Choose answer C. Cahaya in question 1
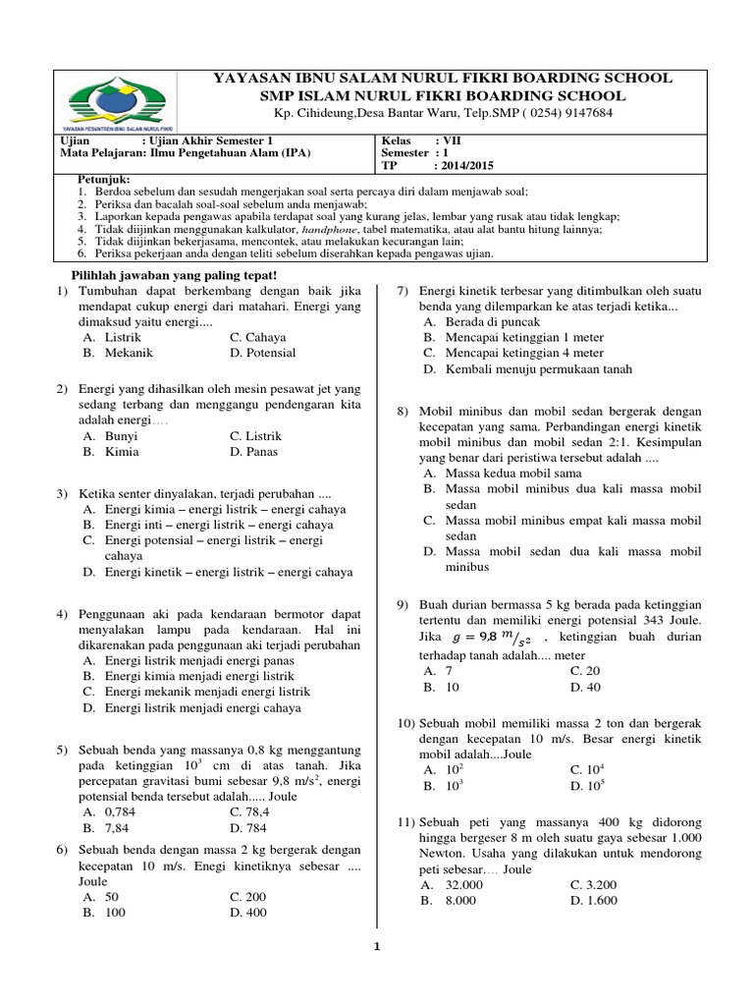252,336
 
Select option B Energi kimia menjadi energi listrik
199,676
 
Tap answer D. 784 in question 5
248,828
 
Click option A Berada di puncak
482,321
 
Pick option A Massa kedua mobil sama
500,472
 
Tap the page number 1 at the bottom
376,947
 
